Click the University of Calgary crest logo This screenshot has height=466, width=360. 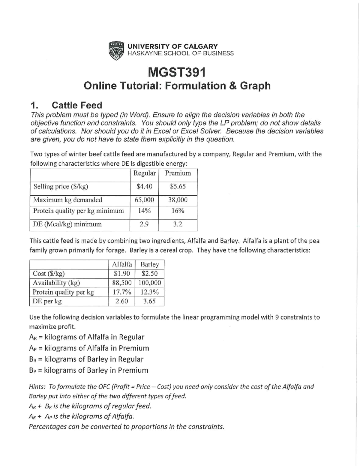tap(116, 50)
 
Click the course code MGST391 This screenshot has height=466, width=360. tap(177, 72)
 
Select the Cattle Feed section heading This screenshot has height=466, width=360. tap(77, 105)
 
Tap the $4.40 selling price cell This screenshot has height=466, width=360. tap(144, 186)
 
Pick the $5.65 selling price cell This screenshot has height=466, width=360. tap(178, 186)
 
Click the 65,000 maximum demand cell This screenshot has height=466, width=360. tap(144, 200)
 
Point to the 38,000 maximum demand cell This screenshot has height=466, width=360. tap(178, 200)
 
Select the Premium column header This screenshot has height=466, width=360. tap(178, 173)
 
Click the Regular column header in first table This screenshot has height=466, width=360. tap(144, 173)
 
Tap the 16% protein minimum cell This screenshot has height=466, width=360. tap(178, 211)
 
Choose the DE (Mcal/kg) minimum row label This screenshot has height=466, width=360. tap(67, 224)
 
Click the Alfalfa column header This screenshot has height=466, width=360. tap(122, 264)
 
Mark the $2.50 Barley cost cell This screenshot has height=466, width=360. tap(150, 273)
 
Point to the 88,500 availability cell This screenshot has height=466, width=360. tap(122, 283)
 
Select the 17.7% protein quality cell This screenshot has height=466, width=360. tap(122, 292)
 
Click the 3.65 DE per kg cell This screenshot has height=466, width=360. tap(150, 301)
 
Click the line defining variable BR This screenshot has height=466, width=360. tap(86, 359)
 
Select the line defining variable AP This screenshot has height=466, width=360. tap(89, 348)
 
